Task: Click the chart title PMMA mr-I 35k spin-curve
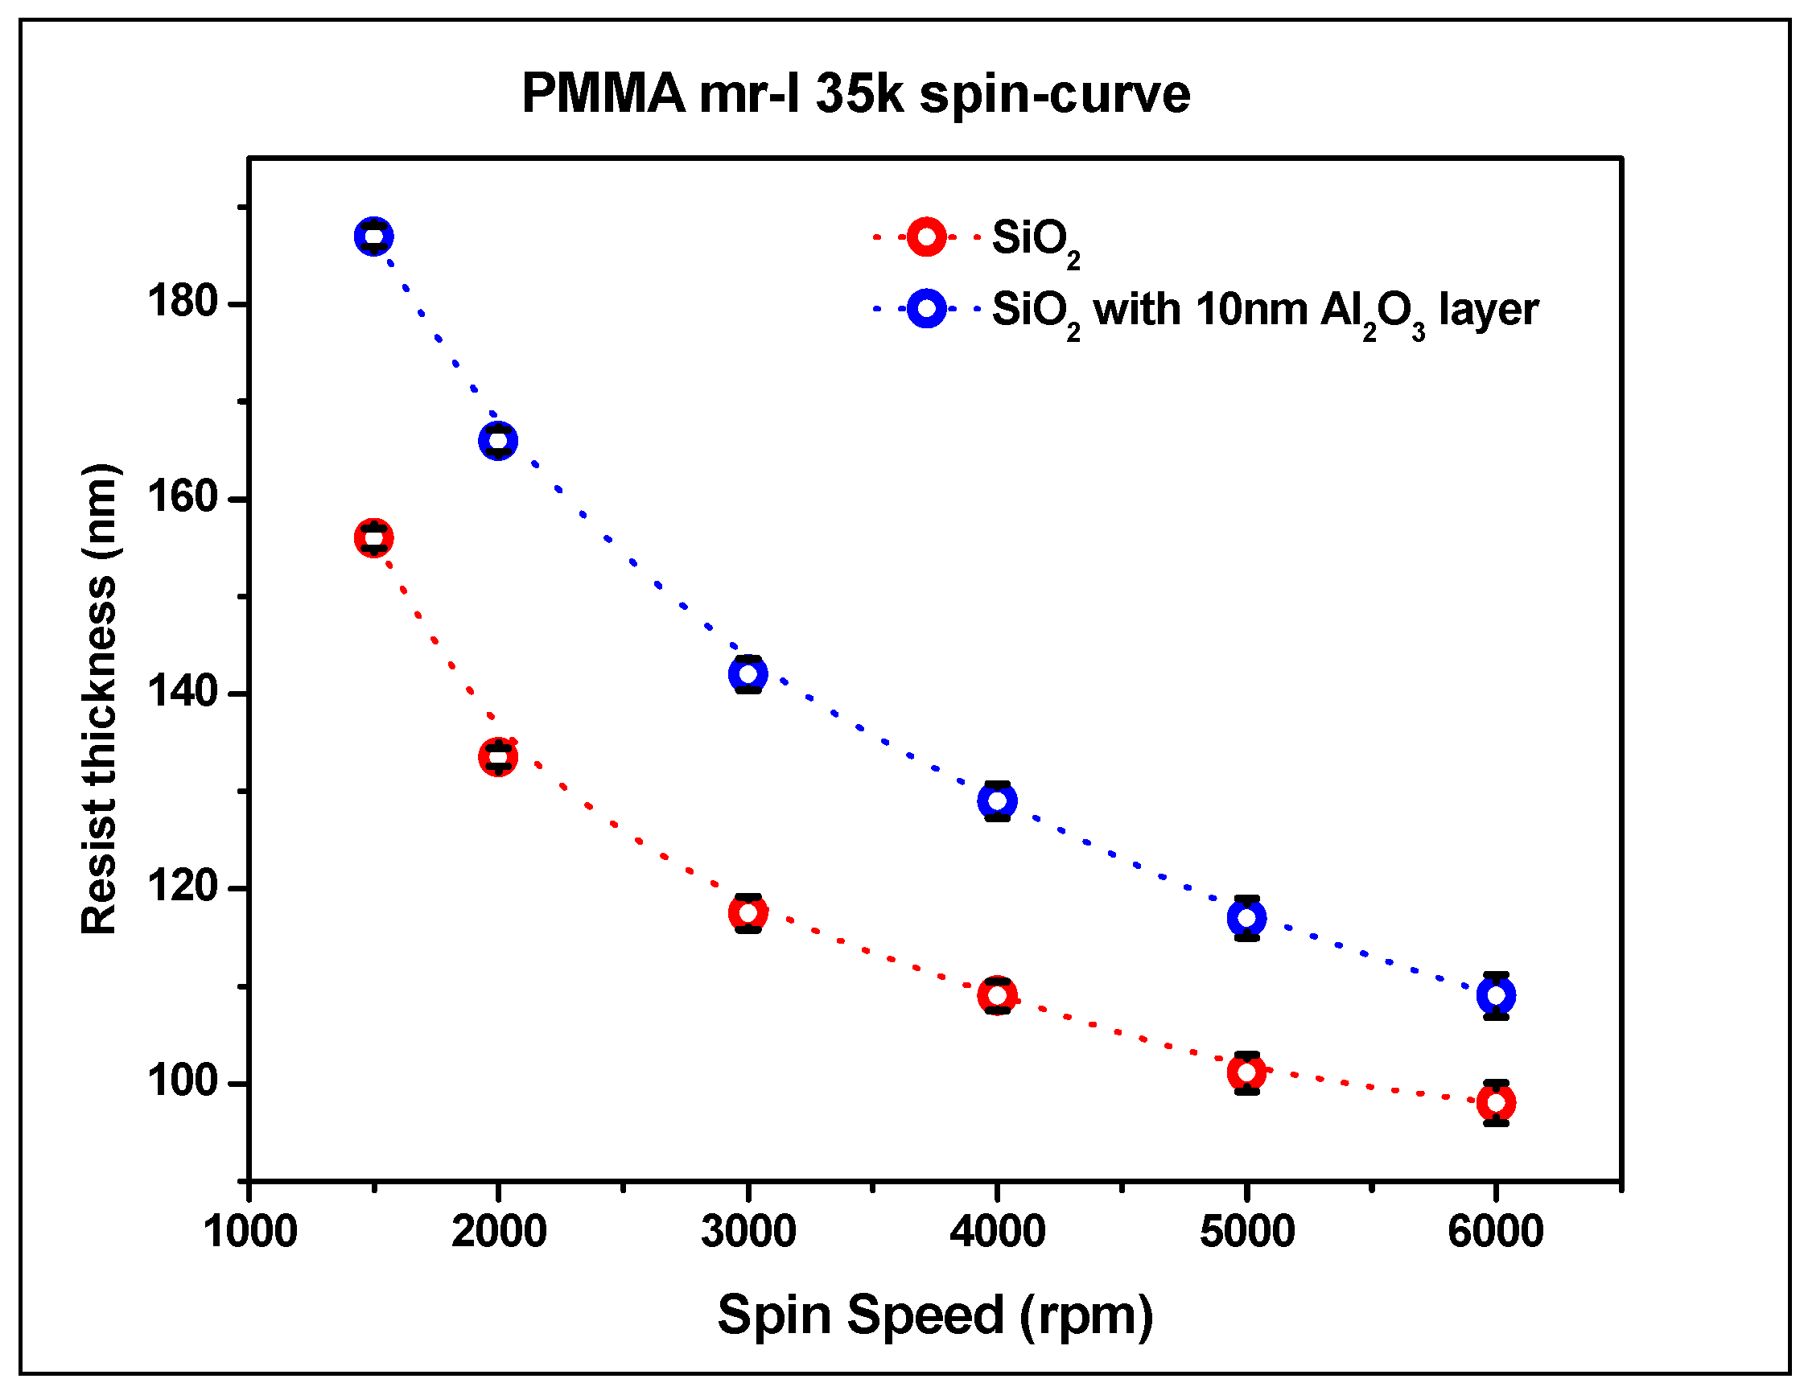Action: [x=855, y=93]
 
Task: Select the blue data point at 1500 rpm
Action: [x=373, y=237]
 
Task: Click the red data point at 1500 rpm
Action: [x=373, y=538]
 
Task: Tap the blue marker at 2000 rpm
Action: [x=498, y=440]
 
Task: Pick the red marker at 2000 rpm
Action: [x=498, y=756]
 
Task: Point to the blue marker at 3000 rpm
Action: [x=748, y=673]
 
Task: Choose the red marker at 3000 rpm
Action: [x=748, y=912]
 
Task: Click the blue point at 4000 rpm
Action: [x=998, y=800]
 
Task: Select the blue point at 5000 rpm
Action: [x=1246, y=917]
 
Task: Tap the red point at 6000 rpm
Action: [x=1496, y=1102]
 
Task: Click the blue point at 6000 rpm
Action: [x=1496, y=995]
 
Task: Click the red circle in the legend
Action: [x=926, y=237]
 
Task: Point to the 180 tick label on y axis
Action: [x=182, y=302]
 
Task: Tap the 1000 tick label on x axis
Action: [x=250, y=1231]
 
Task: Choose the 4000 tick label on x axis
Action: [x=998, y=1231]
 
